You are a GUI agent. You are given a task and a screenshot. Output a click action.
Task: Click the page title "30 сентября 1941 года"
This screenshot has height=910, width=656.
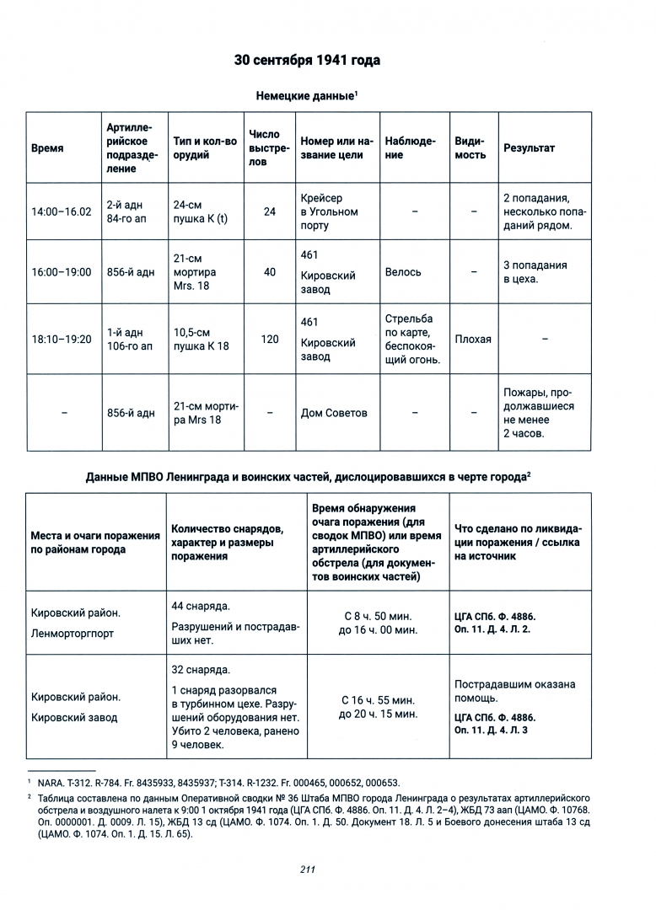click(x=307, y=61)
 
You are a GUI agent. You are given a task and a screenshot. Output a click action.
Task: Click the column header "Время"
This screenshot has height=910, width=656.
click(x=47, y=147)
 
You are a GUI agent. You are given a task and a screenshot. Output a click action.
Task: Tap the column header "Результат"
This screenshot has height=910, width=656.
click(x=529, y=147)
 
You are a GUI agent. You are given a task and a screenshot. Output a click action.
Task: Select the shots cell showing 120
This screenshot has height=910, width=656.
click(x=270, y=339)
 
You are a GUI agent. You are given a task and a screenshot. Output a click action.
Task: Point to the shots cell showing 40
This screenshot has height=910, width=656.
click(x=270, y=272)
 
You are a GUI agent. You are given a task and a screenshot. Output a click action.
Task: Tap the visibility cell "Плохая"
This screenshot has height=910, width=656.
click(x=472, y=339)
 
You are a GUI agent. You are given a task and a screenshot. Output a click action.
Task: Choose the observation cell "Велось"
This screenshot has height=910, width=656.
click(x=403, y=272)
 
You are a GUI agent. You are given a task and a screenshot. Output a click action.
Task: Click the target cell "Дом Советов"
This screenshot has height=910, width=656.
click(x=334, y=413)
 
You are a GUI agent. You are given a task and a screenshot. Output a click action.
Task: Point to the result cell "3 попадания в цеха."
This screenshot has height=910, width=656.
click(x=535, y=272)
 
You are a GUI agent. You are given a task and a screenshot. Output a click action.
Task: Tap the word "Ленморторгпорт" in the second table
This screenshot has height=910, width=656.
click(x=72, y=633)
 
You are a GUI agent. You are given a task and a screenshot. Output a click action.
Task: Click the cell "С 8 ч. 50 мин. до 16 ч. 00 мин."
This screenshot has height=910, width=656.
click(x=379, y=623)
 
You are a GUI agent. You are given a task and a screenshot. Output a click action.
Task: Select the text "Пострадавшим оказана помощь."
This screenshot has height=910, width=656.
click(x=514, y=691)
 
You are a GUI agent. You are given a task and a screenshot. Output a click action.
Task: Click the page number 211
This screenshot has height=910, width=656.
click(x=307, y=870)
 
